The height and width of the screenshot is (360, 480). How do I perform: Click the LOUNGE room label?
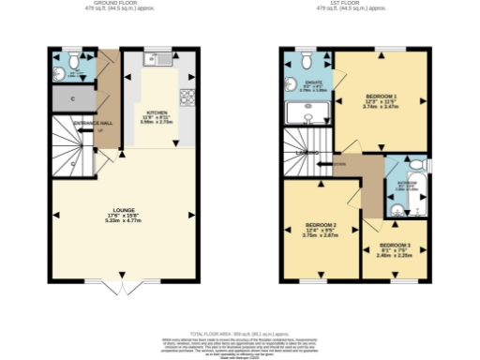125,209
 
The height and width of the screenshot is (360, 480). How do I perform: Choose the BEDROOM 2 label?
321,227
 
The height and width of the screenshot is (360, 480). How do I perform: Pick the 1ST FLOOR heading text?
357,4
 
